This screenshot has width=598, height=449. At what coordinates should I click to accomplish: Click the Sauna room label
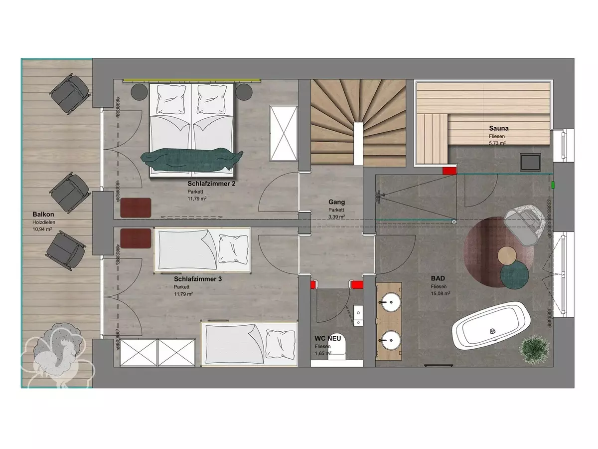pyautogui.click(x=498, y=128)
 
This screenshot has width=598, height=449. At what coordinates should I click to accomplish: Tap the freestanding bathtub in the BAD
pyautogui.click(x=491, y=330)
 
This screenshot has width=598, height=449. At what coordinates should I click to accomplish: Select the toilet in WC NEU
pyautogui.click(x=337, y=348)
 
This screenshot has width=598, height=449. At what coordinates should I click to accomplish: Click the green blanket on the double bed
pyautogui.click(x=191, y=160)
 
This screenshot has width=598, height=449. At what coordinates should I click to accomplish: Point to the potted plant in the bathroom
pyautogui.click(x=534, y=350)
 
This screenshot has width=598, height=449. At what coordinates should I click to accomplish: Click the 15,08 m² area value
pyautogui.click(x=440, y=294)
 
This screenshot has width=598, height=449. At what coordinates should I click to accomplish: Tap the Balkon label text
pyautogui.click(x=43, y=215)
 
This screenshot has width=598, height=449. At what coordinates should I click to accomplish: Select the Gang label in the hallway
pyautogui.click(x=336, y=202)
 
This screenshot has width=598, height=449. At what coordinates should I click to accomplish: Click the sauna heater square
pyautogui.click(x=530, y=162)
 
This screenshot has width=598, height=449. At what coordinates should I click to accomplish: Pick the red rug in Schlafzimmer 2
pyautogui.click(x=136, y=208)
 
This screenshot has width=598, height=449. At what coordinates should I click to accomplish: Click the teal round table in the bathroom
pyautogui.click(x=514, y=274)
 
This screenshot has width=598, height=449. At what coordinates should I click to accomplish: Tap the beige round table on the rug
pyautogui.click(x=507, y=256)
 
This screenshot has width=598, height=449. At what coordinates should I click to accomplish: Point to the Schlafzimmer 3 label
pyautogui.click(x=198, y=279)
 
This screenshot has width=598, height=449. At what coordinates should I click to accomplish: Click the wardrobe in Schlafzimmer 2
pyautogui.click(x=284, y=133)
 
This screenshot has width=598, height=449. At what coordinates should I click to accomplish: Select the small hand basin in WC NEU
pyautogui.click(x=358, y=315)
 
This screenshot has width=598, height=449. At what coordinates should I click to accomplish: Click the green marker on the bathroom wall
pyautogui.click(x=553, y=185)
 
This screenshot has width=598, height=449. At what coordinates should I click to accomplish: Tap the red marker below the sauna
pyautogui.click(x=449, y=171)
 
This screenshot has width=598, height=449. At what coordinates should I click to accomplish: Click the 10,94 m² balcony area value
pyautogui.click(x=42, y=229)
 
